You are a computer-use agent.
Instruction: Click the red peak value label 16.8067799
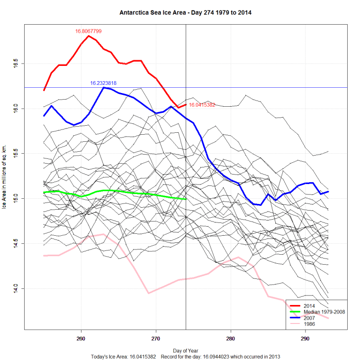pyautogui.click(x=89, y=31)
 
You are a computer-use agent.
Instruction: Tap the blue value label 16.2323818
pyautogui.click(x=103, y=83)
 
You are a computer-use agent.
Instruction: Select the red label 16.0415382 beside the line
pyautogui.click(x=202, y=105)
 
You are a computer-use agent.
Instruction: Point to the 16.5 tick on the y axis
pyautogui.click(x=16, y=64)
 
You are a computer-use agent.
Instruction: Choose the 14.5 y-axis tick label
pyautogui.click(x=16, y=243)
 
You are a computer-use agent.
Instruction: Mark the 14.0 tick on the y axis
pyautogui.click(x=16, y=288)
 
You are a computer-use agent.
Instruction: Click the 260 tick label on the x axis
pyautogui.click(x=81, y=339)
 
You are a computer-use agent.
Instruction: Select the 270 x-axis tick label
pyautogui.click(x=156, y=339)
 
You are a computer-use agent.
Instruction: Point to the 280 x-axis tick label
pyautogui.click(x=231, y=339)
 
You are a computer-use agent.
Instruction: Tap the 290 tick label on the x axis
pyautogui.click(x=306, y=339)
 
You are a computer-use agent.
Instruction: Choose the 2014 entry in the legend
pyautogui.click(x=309, y=306)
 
